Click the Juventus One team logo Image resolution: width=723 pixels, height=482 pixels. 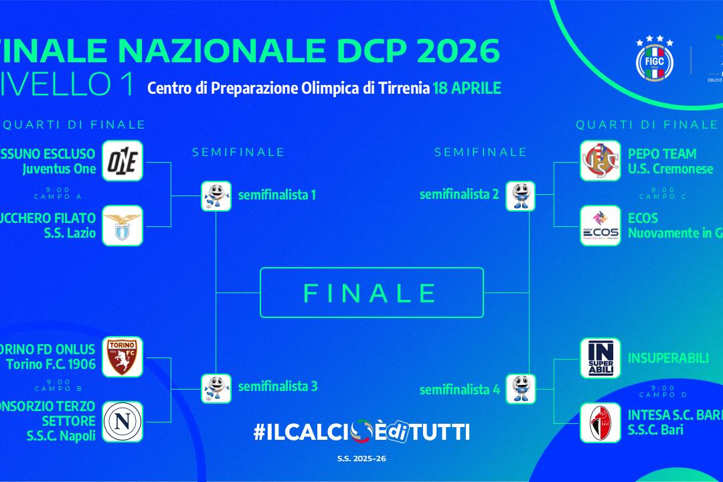123,161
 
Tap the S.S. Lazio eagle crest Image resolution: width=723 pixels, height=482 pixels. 123,226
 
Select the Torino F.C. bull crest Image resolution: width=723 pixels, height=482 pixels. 123,357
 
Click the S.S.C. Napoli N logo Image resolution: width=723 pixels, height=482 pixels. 123,422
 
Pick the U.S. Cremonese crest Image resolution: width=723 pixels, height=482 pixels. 600,161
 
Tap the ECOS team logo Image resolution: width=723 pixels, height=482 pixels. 600,226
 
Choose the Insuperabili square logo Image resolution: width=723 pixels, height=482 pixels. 600,358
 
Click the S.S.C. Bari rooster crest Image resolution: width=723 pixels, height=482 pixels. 600,422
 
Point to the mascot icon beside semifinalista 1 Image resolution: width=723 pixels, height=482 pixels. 216,196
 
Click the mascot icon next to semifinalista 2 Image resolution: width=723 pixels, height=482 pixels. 520,196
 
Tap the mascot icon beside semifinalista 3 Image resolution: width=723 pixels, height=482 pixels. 216,388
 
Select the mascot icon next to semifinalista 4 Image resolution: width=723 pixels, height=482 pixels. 520,388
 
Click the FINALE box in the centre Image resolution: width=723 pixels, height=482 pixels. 372,293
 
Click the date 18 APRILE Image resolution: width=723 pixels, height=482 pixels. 467,88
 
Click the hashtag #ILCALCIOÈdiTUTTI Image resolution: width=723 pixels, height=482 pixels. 361,432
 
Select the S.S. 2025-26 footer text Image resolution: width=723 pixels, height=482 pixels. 361,459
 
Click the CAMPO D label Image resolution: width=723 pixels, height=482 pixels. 662,395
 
